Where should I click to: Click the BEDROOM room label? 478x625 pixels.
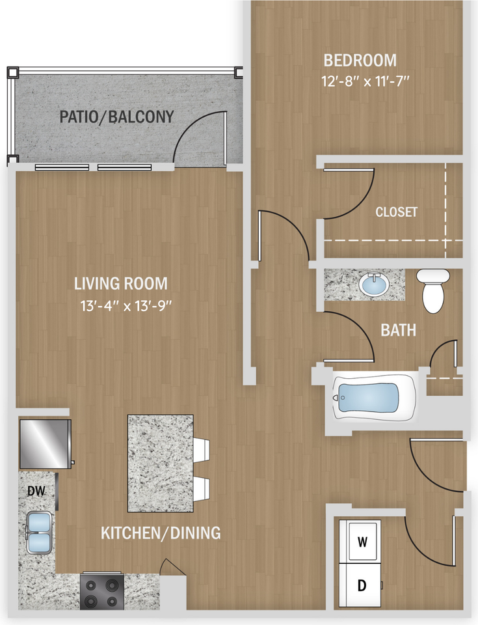pyautogui.click(x=360, y=61)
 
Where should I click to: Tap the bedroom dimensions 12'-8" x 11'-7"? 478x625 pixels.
pyautogui.click(x=365, y=81)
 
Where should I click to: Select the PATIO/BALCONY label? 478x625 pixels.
pyautogui.click(x=116, y=117)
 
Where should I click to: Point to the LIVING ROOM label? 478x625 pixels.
pyautogui.click(x=121, y=283)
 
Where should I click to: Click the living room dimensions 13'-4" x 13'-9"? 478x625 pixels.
pyautogui.click(x=126, y=306)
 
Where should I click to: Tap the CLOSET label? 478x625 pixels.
pyautogui.click(x=396, y=212)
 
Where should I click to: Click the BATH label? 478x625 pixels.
pyautogui.click(x=398, y=330)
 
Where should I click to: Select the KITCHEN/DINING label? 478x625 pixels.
pyautogui.click(x=161, y=533)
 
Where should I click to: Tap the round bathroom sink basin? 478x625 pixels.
pyautogui.click(x=374, y=285)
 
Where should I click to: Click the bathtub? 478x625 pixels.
pyautogui.click(x=375, y=397)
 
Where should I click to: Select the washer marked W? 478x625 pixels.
pyautogui.click(x=360, y=541)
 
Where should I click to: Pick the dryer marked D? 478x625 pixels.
pyautogui.click(x=360, y=585)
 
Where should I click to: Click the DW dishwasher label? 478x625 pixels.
pyautogui.click(x=36, y=491)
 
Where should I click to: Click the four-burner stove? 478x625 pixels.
pyautogui.click(x=102, y=591)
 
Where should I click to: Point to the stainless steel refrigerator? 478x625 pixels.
pyautogui.click(x=46, y=443)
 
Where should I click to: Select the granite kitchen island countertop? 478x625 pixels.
pyautogui.click(x=161, y=463)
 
